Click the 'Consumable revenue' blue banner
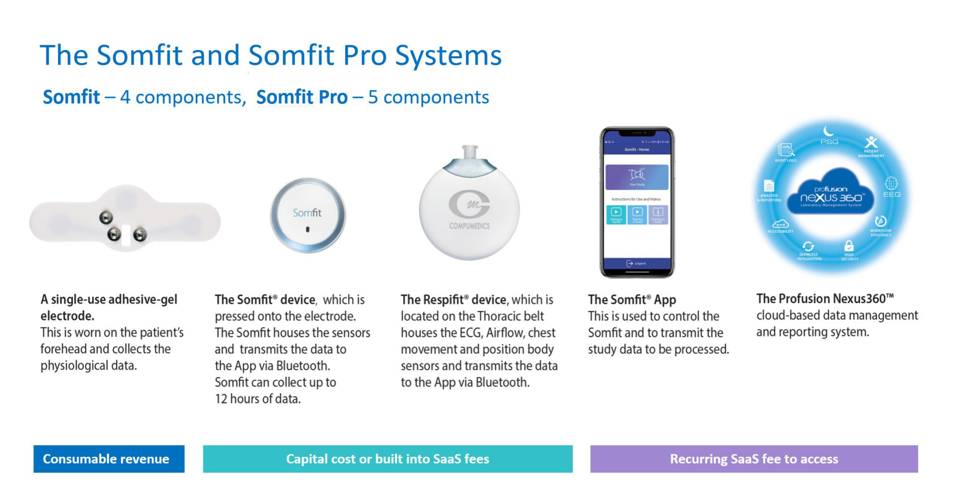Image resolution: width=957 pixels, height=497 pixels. click(x=109, y=459)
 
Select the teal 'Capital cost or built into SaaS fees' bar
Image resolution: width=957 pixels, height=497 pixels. click(x=387, y=459)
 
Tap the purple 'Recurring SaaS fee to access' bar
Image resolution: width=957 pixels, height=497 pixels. click(x=754, y=459)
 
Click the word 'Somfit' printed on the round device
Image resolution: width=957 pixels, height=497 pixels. click(x=307, y=213)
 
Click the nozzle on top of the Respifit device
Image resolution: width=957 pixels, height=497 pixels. click(x=470, y=152)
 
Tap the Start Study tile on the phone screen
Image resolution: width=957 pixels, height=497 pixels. click(x=637, y=177)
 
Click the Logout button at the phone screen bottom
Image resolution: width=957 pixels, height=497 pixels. click(x=637, y=263)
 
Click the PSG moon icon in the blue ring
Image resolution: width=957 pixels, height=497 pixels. click(x=829, y=132)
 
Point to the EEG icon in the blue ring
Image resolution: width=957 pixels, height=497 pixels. click(x=891, y=183)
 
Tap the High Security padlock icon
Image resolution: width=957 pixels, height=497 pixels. click(x=849, y=246)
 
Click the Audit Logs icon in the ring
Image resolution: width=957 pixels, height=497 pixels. click(x=786, y=150)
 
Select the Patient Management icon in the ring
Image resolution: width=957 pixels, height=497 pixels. click(x=871, y=142)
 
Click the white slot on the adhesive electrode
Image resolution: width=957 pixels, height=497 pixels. click(x=126, y=235)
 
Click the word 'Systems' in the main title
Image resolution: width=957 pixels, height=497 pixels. click(x=448, y=55)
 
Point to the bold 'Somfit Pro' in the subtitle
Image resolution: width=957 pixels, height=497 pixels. click(x=302, y=97)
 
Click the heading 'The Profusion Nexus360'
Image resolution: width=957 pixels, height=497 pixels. click(x=824, y=298)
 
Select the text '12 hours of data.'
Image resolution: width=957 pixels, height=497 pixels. click(x=258, y=399)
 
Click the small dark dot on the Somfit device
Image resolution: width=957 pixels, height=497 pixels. click(x=308, y=230)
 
